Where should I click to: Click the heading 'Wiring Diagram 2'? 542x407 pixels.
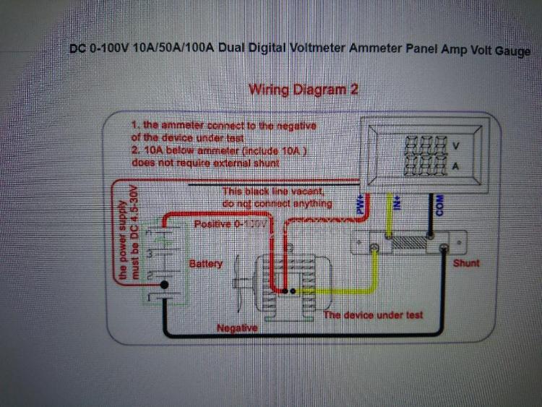(x=303, y=90)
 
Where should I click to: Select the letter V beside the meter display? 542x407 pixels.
(x=455, y=146)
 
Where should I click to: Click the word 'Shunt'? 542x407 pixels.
(x=466, y=263)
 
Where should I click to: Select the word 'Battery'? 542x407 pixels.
(x=206, y=264)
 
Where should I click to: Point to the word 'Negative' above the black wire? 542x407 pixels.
(x=237, y=328)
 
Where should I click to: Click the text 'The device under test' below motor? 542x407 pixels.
(x=373, y=315)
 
